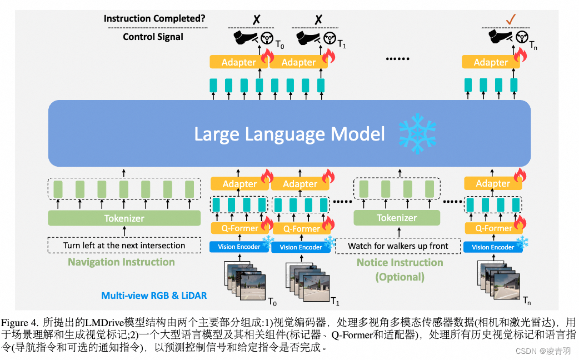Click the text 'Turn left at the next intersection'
coord(124,245)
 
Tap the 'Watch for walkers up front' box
coord(398,246)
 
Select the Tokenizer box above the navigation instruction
coord(124,218)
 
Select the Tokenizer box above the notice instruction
coord(396,218)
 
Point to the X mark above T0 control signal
coord(256,19)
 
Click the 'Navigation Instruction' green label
coord(121,262)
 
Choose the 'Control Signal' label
coord(153,37)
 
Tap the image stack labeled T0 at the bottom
coord(245,281)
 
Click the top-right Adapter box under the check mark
coord(491,62)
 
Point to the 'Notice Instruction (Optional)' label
coord(400,269)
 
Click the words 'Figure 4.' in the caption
coord(20,322)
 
